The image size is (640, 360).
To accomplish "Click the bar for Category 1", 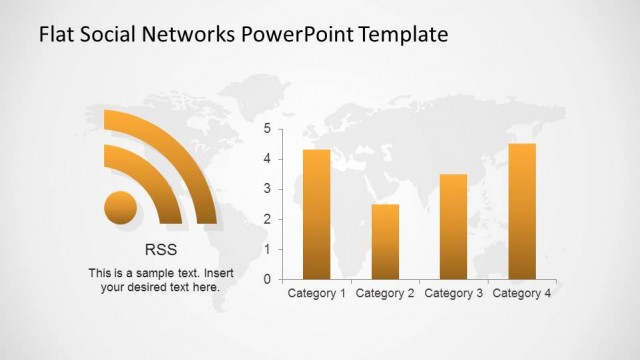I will (x=316, y=214).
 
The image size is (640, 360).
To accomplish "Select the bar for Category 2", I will (x=385, y=241).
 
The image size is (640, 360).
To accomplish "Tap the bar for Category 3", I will (x=453, y=226).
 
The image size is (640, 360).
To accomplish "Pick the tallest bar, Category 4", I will (x=522, y=211).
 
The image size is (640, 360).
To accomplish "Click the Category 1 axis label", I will (x=316, y=293).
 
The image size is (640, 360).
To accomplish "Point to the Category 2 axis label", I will (x=385, y=293).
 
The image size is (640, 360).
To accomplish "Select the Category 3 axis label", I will (x=453, y=293).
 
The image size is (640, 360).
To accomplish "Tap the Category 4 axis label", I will (x=522, y=293).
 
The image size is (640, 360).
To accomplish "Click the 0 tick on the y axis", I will (x=267, y=279).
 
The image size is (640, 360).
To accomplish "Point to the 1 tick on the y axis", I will (x=267, y=249).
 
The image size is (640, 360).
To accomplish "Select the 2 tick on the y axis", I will (x=267, y=219).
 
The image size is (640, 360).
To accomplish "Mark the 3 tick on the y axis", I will (x=267, y=189).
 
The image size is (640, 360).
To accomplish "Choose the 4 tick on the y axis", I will (x=267, y=159).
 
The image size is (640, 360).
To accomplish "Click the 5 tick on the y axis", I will (x=267, y=129).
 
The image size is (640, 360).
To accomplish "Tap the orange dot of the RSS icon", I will (x=121, y=207).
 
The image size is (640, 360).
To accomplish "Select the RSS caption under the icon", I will (x=160, y=250).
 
